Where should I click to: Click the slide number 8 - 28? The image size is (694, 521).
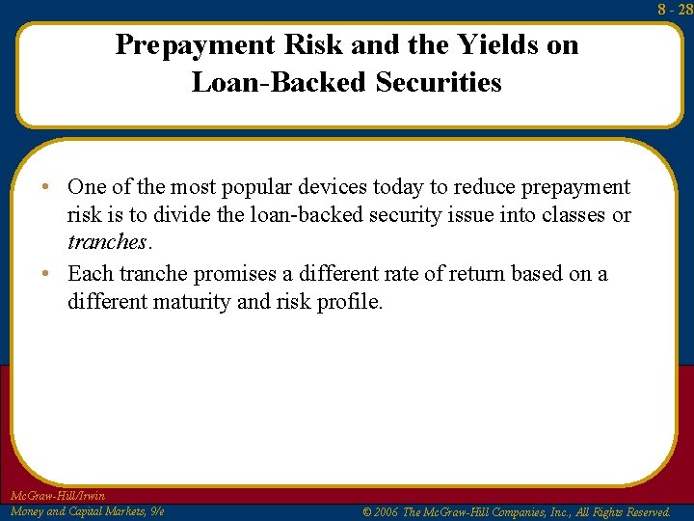click(676, 9)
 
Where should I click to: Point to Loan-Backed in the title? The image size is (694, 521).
click(280, 83)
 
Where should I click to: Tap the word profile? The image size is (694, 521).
click(349, 302)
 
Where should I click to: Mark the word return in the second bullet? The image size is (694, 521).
click(457, 274)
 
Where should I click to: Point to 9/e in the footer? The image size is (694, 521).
click(154, 511)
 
